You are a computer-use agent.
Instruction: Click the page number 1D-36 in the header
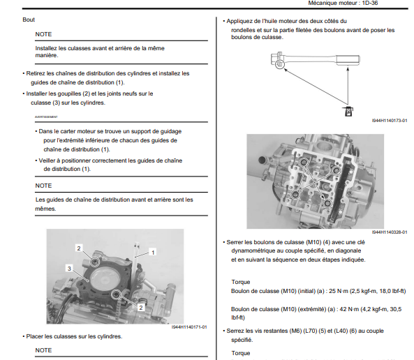tap(370, 3)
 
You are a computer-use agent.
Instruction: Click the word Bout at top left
tap(29, 20)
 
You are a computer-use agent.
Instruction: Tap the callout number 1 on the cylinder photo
tap(153, 253)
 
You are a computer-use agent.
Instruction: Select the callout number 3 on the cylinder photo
tap(69, 269)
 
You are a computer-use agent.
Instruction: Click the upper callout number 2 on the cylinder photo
tap(79, 248)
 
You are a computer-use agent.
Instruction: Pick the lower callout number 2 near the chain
tap(141, 308)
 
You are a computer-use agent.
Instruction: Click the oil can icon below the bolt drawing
tap(348, 112)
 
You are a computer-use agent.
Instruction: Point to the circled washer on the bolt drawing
tap(280, 64)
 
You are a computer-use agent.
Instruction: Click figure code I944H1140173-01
tap(390, 121)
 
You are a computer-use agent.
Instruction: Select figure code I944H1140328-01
tap(390, 232)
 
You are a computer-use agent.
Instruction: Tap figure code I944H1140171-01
tap(189, 327)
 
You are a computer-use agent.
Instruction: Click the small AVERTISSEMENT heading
tap(46, 117)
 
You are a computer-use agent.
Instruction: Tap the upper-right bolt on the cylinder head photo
tap(336, 170)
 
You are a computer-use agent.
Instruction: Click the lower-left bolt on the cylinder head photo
tap(295, 195)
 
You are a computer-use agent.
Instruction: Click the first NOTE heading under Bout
tap(43, 34)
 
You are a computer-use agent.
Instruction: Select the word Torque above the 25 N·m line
tap(241, 282)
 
